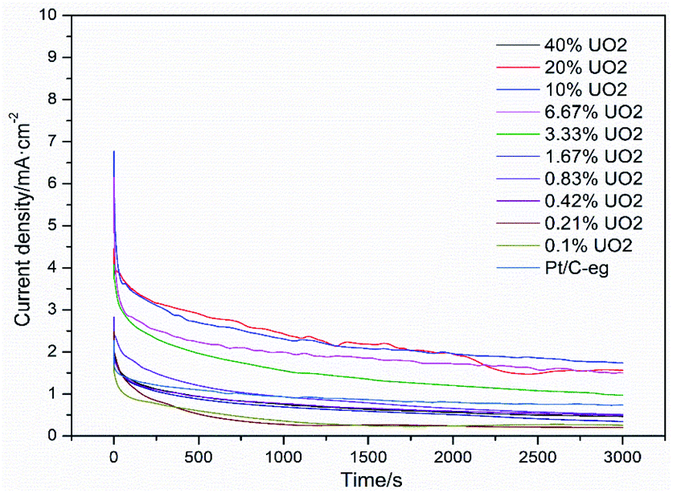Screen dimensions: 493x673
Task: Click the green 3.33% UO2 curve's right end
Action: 622,395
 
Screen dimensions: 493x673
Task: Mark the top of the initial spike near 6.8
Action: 114,151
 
